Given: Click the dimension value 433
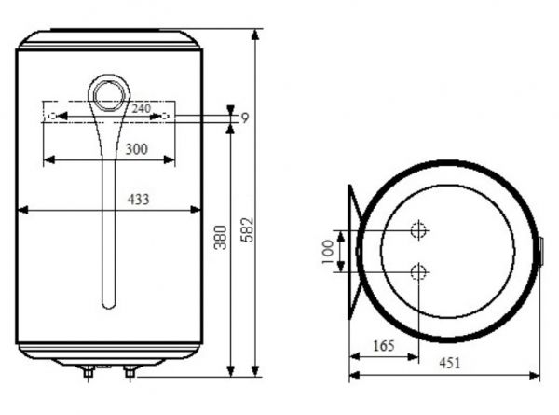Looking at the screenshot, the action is tap(138, 200).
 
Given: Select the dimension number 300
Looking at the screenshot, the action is tap(137, 149).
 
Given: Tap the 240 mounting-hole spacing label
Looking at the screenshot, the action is tap(142, 108).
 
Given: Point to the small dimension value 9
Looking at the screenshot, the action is tap(244, 118).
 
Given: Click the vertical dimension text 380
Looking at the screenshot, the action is tap(220, 237).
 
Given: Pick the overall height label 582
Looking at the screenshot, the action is tap(247, 230).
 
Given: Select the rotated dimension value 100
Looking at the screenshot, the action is tap(328, 252).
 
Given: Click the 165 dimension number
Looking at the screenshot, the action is tap(384, 346).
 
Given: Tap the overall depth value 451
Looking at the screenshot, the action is tap(450, 363).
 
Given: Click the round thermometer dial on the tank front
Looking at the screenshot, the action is tap(109, 96).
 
